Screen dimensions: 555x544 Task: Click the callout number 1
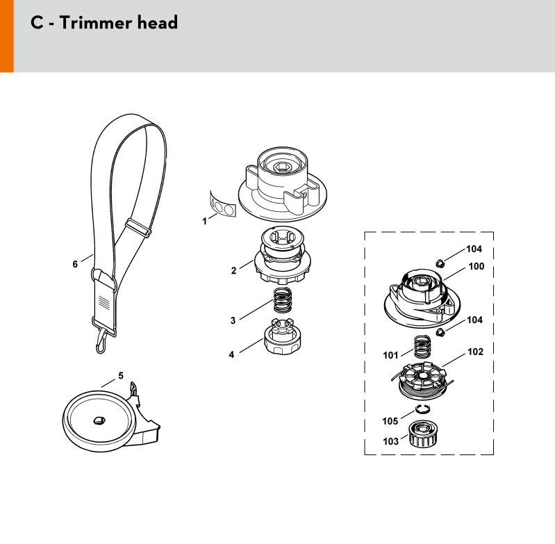204,221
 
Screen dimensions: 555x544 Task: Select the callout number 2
233,271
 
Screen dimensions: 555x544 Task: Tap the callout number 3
233,321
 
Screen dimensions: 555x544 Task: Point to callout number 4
231,354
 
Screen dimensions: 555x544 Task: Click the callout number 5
121,376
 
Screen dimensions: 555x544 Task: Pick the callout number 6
75,264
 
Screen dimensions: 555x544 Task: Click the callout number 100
477,266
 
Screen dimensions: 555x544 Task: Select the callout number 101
390,355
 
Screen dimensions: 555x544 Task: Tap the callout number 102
475,352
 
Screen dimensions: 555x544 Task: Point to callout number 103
391,441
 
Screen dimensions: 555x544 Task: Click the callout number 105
390,421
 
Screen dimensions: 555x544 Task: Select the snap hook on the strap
101,341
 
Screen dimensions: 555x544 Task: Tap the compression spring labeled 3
283,300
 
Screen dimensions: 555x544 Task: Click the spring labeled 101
422,347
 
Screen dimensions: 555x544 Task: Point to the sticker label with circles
222,204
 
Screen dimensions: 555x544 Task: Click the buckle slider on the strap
138,228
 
